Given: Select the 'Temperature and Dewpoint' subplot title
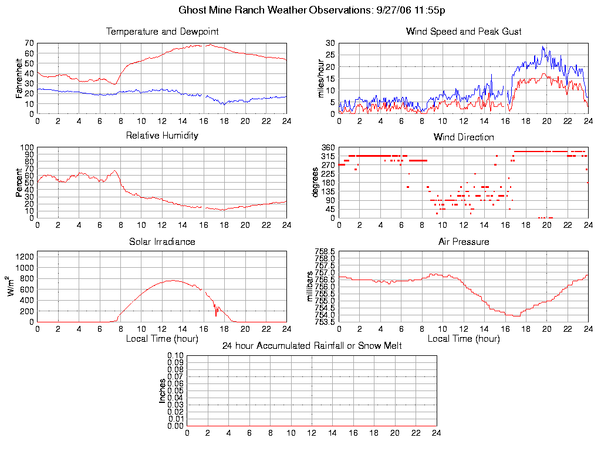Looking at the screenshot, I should pos(162,31).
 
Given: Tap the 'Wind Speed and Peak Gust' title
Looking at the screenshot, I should pos(464,31).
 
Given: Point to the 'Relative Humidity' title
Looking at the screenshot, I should pos(162,136).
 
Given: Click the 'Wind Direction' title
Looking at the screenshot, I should pos(464,137).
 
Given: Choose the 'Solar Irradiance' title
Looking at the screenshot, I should pos(162,241).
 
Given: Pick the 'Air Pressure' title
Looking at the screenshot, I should pos(464,241).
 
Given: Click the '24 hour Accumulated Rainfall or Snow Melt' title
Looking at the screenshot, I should pos(312,346).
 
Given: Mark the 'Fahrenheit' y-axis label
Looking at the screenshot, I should pos(19,78).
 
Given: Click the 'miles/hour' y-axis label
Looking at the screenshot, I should pos(321,78).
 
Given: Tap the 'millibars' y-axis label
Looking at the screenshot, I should pos(311,287).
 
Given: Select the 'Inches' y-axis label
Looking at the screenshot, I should pos(163,391).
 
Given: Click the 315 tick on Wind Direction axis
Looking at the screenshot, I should pos(329,156).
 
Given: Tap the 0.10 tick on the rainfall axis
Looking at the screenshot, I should pos(175,355).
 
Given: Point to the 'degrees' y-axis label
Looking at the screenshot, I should pos(315,183).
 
